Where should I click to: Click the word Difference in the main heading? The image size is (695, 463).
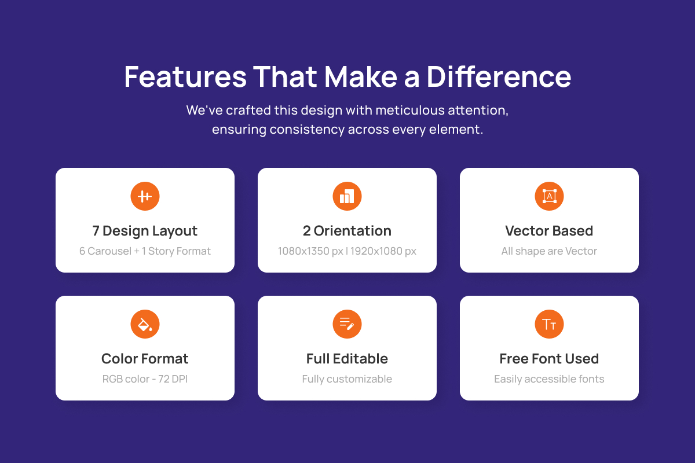pyautogui.click(x=499, y=76)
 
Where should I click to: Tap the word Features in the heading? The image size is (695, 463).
pyautogui.click(x=185, y=76)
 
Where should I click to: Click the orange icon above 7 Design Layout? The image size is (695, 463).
pyautogui.click(x=145, y=196)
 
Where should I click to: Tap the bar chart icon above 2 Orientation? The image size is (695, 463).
pyautogui.click(x=347, y=196)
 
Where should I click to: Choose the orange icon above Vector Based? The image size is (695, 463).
pyautogui.click(x=549, y=196)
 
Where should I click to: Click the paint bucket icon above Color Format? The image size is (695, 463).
pyautogui.click(x=145, y=324)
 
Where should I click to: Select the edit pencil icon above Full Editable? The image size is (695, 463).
pyautogui.click(x=347, y=324)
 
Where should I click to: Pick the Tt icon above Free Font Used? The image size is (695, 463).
pyautogui.click(x=549, y=324)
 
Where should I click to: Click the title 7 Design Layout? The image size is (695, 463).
pyautogui.click(x=145, y=231)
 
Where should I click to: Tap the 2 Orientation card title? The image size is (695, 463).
pyautogui.click(x=347, y=231)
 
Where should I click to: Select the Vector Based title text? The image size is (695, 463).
pyautogui.click(x=549, y=231)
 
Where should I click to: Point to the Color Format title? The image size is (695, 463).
pyautogui.click(x=145, y=359)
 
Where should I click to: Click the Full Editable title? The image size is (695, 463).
pyautogui.click(x=347, y=359)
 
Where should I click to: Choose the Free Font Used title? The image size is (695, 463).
pyautogui.click(x=549, y=359)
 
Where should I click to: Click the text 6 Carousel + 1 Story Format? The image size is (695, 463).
pyautogui.click(x=145, y=251)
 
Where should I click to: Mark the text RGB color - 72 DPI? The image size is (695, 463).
pyautogui.click(x=145, y=379)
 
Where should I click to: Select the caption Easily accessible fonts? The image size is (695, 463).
pyautogui.click(x=549, y=379)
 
